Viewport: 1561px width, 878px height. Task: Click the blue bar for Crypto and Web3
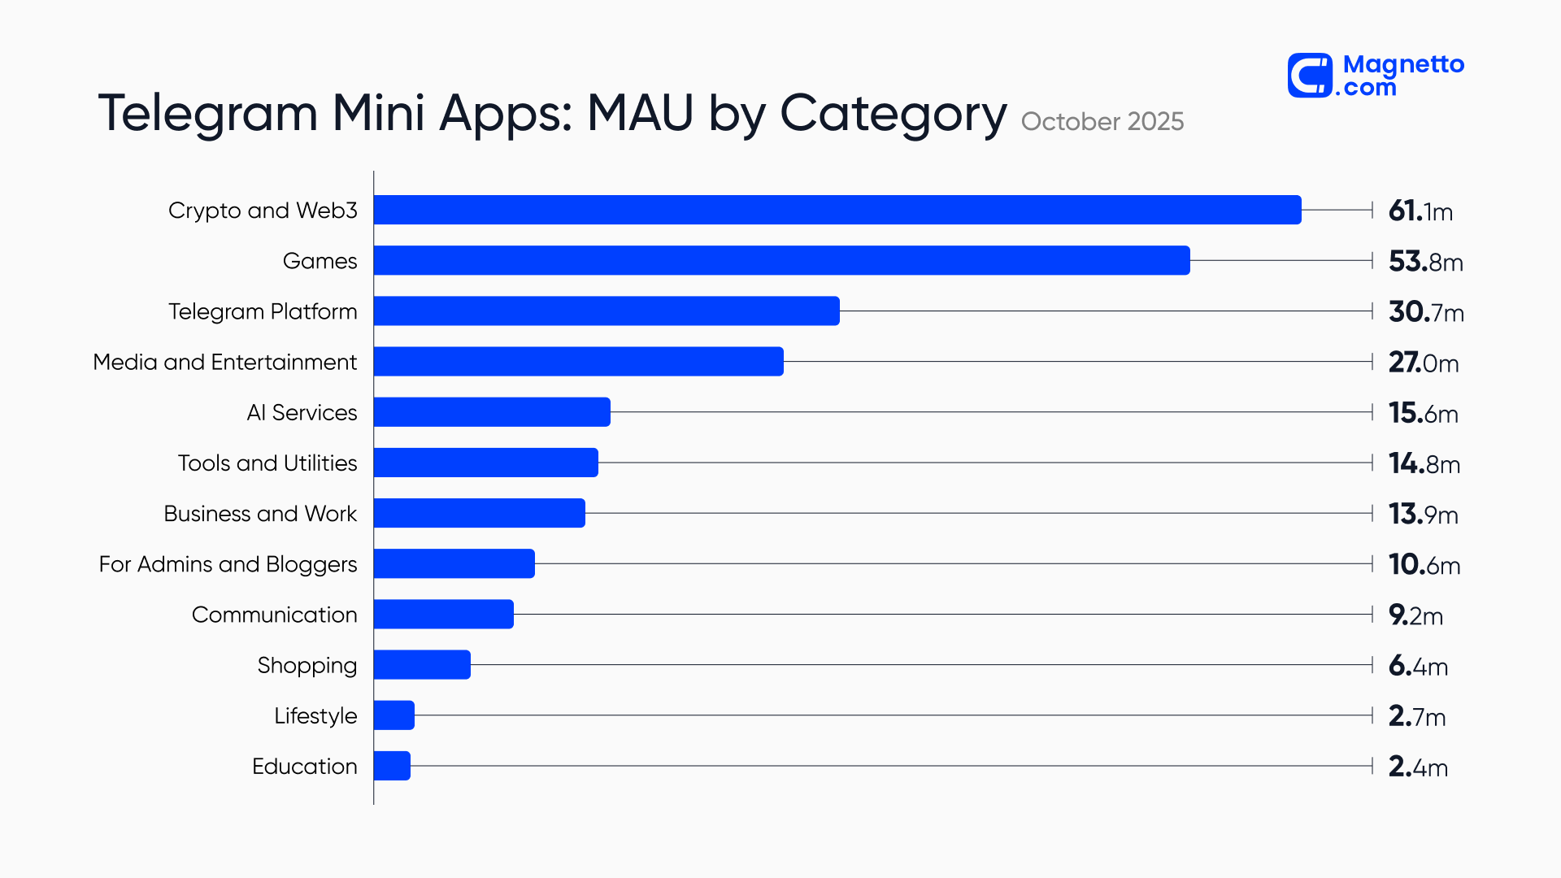[x=837, y=210]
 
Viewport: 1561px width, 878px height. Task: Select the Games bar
[x=781, y=260]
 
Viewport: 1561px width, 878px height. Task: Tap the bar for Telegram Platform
[x=607, y=311]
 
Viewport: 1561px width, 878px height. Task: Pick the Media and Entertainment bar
[x=578, y=361]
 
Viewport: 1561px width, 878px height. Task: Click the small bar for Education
[x=392, y=766]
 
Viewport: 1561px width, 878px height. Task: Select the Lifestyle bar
[x=394, y=715]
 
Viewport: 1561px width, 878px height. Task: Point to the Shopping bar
[x=422, y=665]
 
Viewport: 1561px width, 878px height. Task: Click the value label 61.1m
[x=1420, y=211]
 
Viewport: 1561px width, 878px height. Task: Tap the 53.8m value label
[x=1425, y=262]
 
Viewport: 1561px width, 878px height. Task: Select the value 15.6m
[x=1423, y=413]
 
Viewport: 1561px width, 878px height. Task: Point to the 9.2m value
[x=1415, y=615]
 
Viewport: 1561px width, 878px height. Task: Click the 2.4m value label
[x=1418, y=767]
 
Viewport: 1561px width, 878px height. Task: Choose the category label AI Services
[x=302, y=413]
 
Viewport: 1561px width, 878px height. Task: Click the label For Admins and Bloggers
[x=228, y=564]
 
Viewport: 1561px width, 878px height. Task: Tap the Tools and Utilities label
[x=267, y=463]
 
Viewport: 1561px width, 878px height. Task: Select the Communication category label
[x=274, y=615]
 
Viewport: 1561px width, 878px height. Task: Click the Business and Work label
[x=260, y=514]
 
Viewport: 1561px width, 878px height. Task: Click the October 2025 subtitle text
[x=1102, y=121]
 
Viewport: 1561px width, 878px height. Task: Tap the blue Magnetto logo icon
[x=1310, y=76]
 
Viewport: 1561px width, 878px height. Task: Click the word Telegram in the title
[x=207, y=113]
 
